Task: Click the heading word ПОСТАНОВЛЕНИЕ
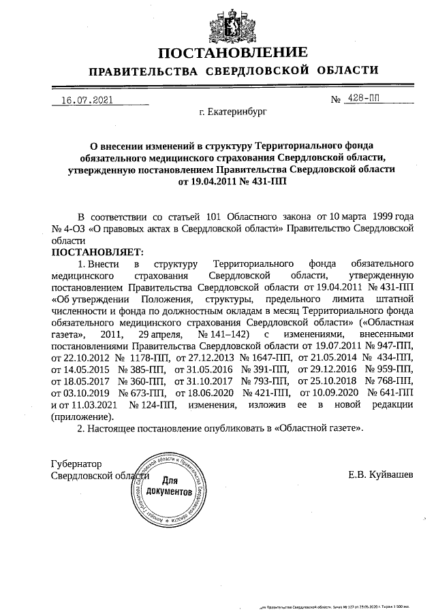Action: [x=233, y=53]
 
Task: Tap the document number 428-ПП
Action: [x=363, y=99]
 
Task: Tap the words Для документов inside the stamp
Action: [x=169, y=485]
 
